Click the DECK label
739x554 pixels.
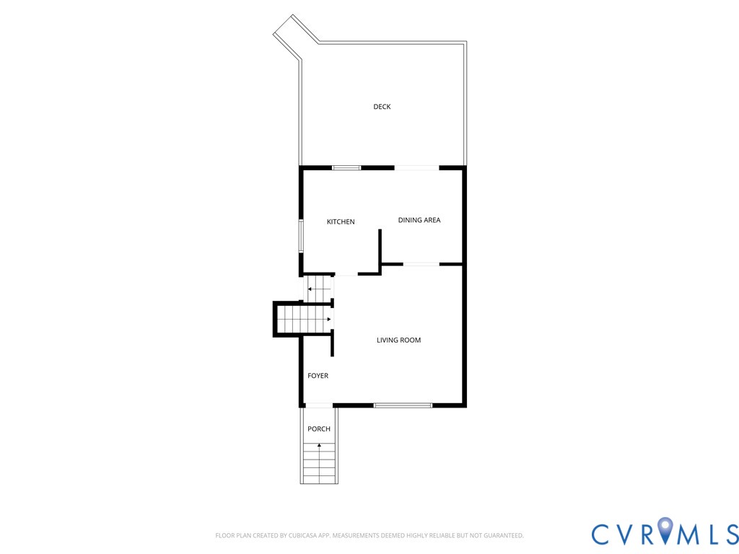382,107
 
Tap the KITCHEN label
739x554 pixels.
341,221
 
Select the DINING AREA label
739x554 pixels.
419,220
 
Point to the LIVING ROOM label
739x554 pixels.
398,340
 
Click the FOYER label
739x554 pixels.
318,376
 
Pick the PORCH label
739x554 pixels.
318,429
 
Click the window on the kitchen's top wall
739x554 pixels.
346,168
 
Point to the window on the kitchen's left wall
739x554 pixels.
301,236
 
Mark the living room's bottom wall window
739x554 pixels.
403,405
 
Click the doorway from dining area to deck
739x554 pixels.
416,168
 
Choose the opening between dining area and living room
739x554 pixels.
421,264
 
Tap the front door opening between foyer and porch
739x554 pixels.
318,405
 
